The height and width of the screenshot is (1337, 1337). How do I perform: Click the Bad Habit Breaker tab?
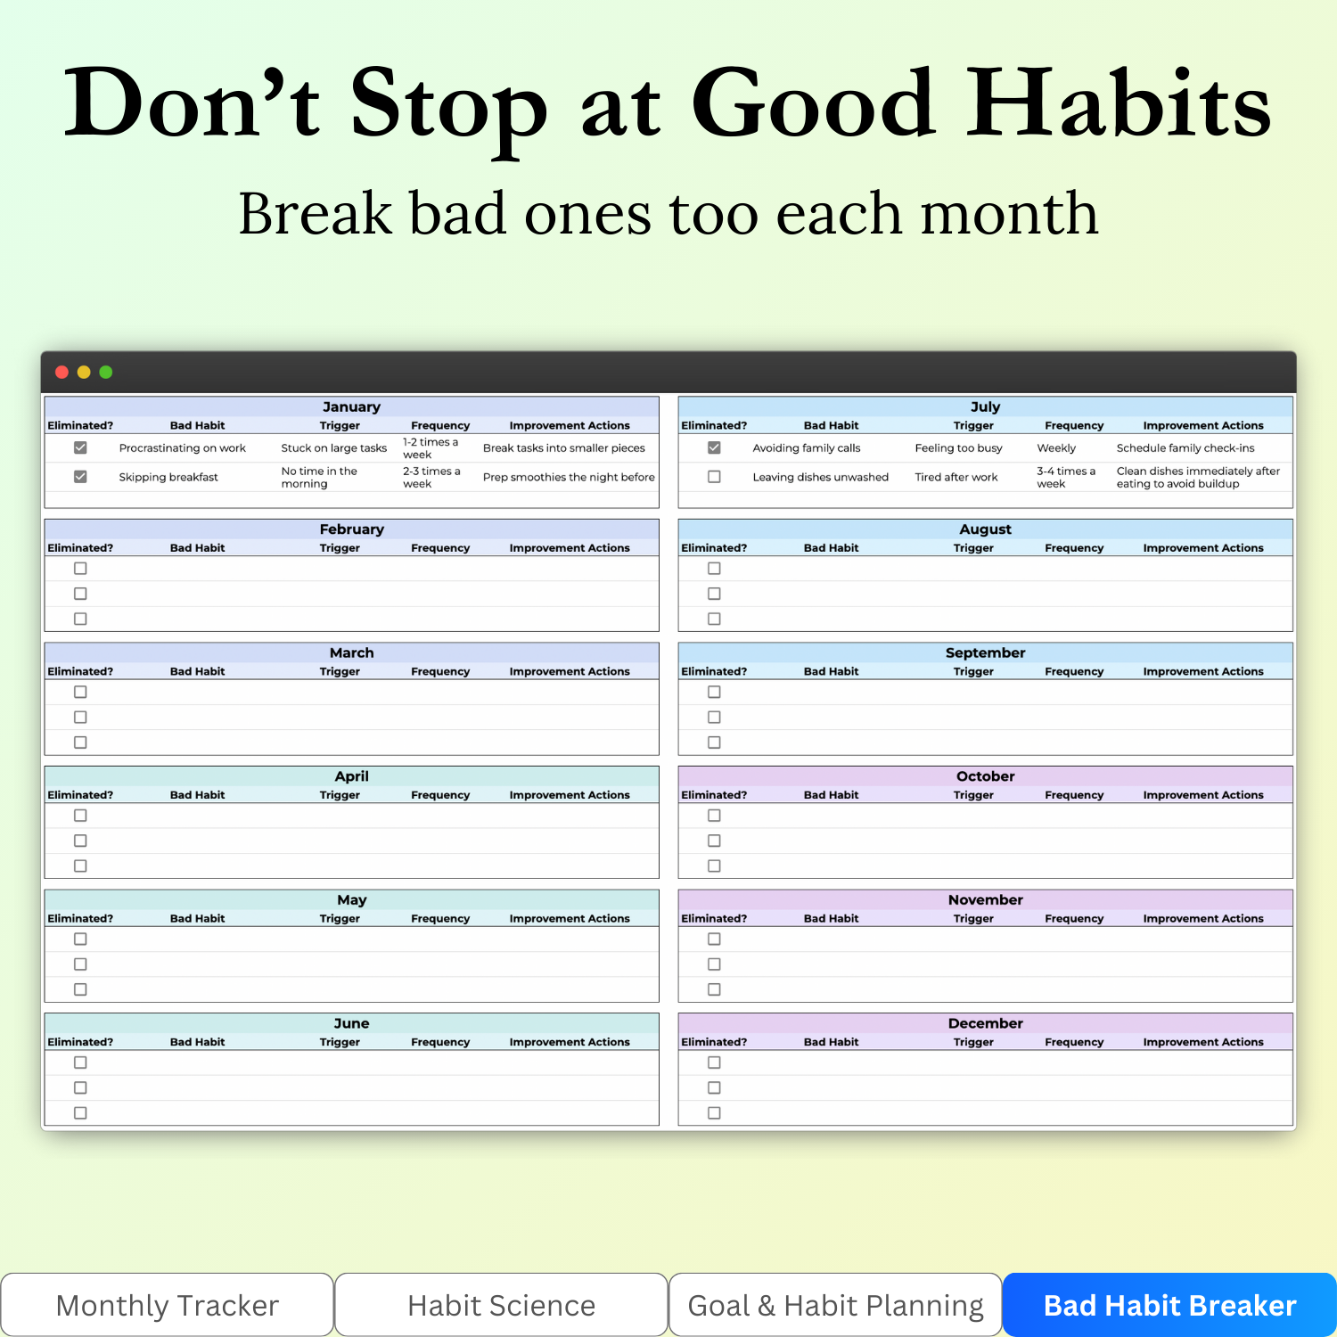click(1169, 1305)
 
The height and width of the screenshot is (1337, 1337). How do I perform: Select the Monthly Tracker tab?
click(168, 1305)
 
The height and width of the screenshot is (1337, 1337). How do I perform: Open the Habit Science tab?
click(501, 1305)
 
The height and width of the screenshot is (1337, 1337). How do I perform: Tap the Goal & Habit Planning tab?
click(835, 1305)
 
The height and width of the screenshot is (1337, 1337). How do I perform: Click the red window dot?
click(62, 372)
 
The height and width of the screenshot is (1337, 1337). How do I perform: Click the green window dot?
click(106, 372)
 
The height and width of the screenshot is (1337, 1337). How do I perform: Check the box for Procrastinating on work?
click(80, 447)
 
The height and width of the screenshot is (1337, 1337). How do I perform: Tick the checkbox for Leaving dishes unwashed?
click(714, 477)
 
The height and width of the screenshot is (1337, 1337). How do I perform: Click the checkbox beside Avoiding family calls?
click(714, 447)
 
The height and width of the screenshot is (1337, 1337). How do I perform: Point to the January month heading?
click(351, 406)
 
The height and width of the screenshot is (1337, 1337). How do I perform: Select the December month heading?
click(986, 1023)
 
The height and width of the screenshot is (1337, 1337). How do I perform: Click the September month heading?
click(986, 652)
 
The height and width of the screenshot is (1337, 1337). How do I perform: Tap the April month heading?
click(351, 776)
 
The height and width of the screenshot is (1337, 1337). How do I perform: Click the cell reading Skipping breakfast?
click(168, 477)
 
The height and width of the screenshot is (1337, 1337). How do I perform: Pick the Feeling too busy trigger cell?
click(958, 448)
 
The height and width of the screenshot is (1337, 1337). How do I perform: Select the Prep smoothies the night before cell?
click(569, 477)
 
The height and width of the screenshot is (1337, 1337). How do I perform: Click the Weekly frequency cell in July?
click(1056, 448)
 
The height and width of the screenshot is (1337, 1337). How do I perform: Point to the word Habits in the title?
click(1120, 105)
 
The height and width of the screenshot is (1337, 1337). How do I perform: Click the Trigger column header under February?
click(340, 548)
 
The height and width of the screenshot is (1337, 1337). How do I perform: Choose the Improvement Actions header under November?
click(1203, 918)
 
